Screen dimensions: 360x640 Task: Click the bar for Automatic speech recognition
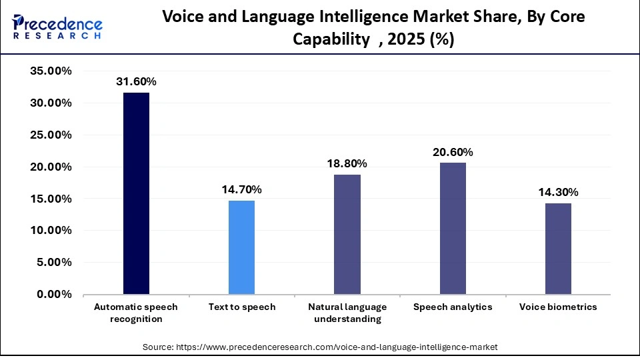[x=136, y=193]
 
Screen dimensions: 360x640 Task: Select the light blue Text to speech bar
[x=241, y=247]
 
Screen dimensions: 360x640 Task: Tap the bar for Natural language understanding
[x=347, y=234]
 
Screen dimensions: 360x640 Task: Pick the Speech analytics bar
[x=453, y=228]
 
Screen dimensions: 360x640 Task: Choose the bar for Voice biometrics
[x=558, y=249]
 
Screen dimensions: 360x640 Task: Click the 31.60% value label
[x=136, y=82]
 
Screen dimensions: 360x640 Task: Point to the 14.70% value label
[x=241, y=190]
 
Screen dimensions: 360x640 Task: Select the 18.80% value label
[x=347, y=164]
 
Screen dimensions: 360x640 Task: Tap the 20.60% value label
[x=453, y=152]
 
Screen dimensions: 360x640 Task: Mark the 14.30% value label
[x=558, y=193]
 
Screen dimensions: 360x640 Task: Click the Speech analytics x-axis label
[x=453, y=307]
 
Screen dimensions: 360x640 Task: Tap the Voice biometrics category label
[x=558, y=307]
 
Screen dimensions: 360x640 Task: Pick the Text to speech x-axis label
[x=241, y=307]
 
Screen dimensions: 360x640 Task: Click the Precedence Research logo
[x=57, y=27]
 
